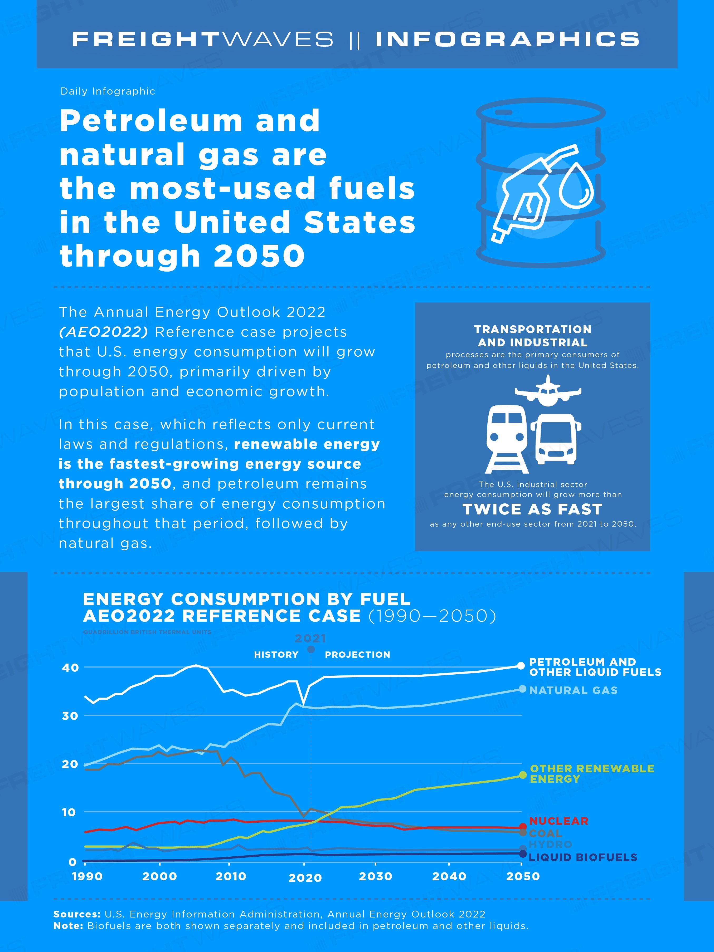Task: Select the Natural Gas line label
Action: point(573,690)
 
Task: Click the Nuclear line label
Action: point(558,821)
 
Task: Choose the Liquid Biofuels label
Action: point(583,857)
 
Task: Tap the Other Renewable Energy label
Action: point(592,774)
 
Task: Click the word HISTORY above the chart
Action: point(276,655)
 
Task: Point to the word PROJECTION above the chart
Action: point(357,655)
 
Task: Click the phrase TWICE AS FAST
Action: point(532,509)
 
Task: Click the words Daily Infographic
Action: point(108,91)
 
